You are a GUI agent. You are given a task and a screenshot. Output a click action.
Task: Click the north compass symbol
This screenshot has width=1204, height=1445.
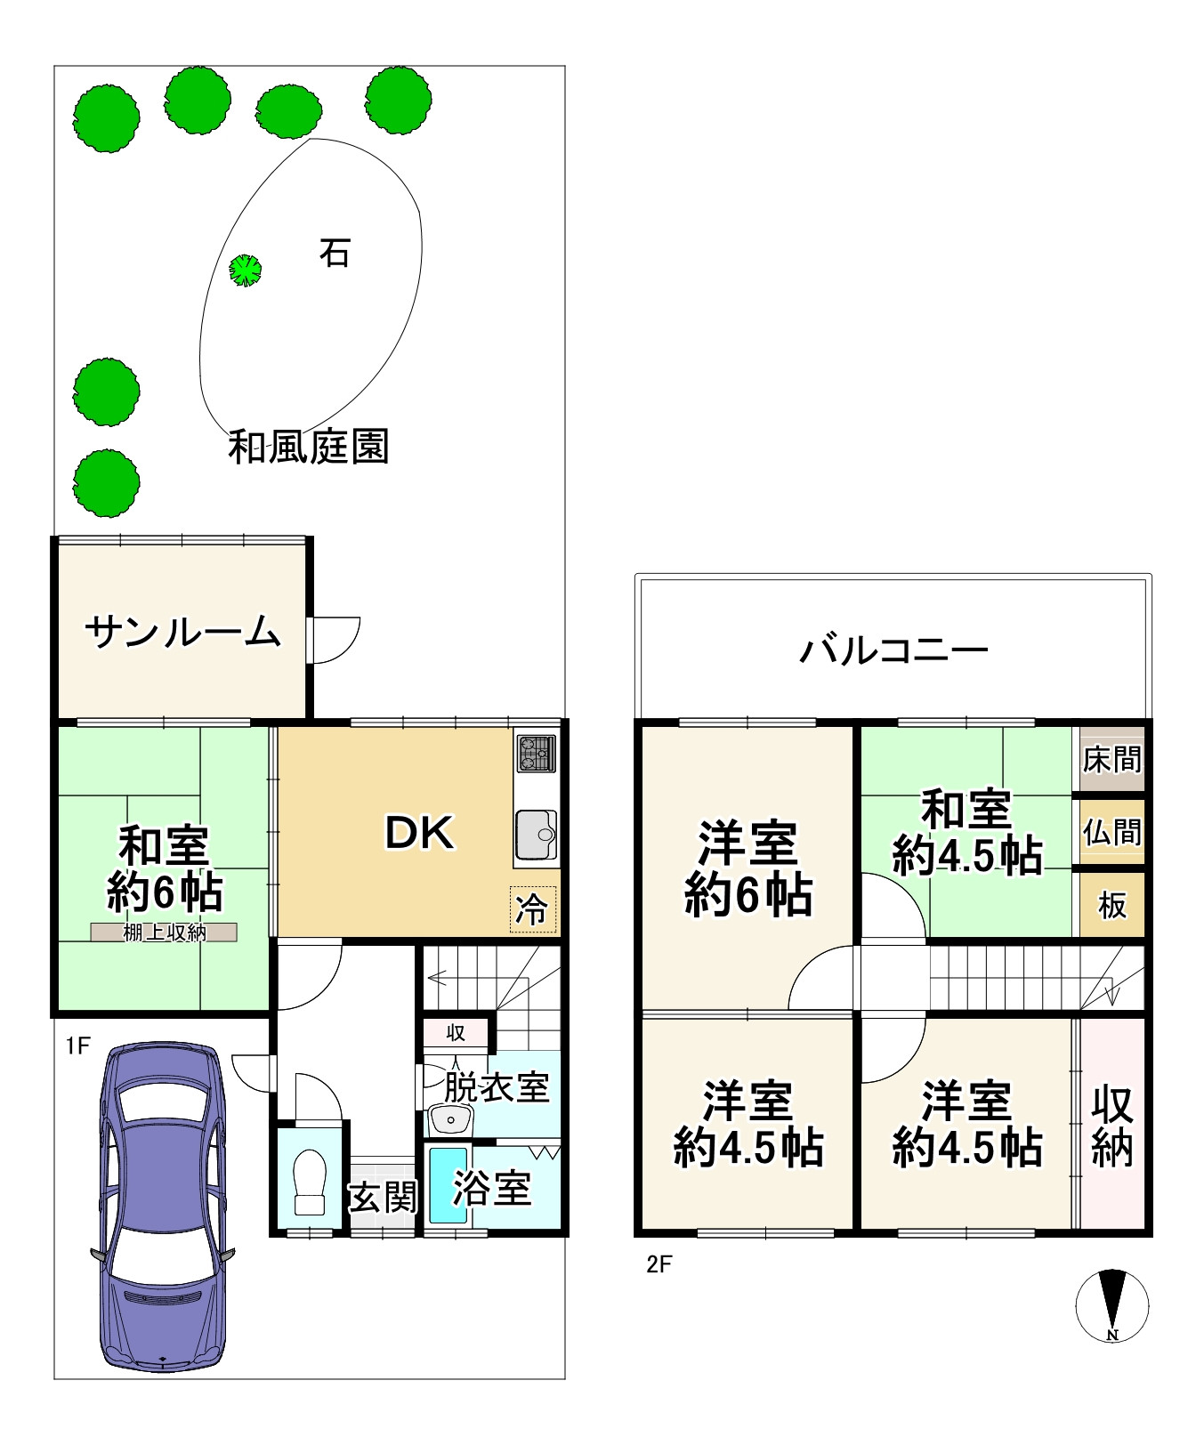[1111, 1305]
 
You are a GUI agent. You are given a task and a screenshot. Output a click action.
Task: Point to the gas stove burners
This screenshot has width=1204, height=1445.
[536, 754]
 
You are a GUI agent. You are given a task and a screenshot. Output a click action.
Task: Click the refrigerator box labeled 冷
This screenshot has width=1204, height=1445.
[532, 909]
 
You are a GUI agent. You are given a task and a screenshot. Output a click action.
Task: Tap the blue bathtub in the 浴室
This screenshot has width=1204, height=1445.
[447, 1185]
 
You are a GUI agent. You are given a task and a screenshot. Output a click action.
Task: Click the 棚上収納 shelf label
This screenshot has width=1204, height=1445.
[164, 932]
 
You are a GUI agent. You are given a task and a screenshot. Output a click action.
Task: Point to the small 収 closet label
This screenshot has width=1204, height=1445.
[456, 1032]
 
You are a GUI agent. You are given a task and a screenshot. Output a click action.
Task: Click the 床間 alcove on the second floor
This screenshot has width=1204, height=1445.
[1111, 760]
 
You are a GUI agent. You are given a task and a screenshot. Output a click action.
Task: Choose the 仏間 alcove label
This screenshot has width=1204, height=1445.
[1111, 833]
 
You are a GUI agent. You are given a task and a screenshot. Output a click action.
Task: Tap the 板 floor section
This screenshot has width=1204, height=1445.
[1111, 906]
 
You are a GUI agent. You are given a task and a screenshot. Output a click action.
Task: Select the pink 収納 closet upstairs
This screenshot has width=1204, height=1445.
[1111, 1125]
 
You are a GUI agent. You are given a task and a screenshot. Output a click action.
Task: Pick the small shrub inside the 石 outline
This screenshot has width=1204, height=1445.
[245, 270]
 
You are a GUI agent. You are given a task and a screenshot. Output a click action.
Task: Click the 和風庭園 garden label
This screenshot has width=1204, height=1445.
[308, 447]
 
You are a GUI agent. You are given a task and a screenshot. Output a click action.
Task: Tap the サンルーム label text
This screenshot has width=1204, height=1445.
[182, 633]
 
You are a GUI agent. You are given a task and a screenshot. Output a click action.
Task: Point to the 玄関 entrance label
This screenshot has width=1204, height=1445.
[383, 1197]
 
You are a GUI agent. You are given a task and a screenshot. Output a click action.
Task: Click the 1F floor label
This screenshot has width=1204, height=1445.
[78, 1045]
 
